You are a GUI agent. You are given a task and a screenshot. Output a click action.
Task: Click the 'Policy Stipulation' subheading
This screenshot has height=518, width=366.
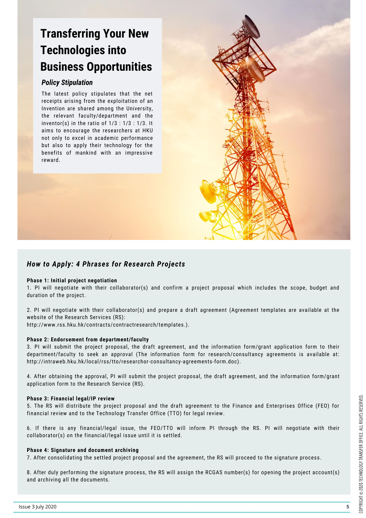[67, 83]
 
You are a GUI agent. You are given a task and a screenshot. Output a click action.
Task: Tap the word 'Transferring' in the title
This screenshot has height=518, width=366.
[70, 34]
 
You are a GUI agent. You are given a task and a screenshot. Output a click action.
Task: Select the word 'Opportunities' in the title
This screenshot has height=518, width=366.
[119, 67]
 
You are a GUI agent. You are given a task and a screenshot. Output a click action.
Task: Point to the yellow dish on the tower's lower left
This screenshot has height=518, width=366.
[208, 191]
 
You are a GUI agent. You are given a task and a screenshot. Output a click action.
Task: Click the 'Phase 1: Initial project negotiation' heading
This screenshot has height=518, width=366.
[72, 280]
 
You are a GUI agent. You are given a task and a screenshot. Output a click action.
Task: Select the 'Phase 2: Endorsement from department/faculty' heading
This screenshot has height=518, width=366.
[88, 340]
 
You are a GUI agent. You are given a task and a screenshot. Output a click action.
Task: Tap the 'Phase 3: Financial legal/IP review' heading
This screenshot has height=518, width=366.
[71, 399]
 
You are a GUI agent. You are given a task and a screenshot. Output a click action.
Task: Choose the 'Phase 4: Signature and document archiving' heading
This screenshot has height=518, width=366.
[83, 450]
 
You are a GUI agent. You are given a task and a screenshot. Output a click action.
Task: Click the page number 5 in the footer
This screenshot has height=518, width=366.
[348, 507]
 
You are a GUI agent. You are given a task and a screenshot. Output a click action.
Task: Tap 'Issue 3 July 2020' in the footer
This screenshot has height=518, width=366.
[38, 507]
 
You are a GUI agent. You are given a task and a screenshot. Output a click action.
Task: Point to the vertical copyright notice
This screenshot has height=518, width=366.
[361, 453]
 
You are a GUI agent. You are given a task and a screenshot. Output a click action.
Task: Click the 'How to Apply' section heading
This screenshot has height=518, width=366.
[106, 264]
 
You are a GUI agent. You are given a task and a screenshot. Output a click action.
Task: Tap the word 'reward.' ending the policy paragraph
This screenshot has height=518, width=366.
[51, 160]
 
